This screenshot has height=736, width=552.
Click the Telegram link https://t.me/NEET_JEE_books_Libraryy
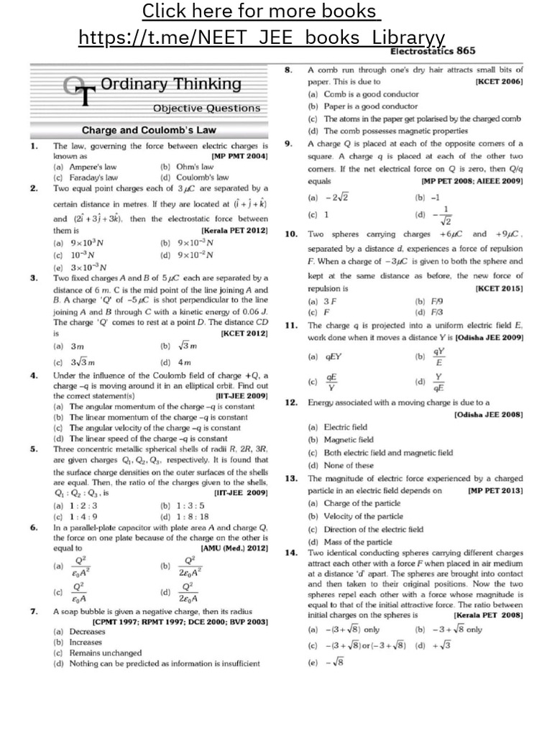(262, 37)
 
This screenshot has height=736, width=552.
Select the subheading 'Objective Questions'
(206, 108)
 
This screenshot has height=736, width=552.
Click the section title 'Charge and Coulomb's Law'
(149, 131)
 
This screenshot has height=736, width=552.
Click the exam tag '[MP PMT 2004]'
(239, 156)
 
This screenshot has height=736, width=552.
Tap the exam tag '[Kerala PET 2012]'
(234, 231)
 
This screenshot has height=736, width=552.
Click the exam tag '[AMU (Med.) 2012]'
(234, 548)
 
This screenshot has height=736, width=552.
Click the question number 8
(287, 70)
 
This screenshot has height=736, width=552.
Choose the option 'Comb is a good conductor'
(363, 94)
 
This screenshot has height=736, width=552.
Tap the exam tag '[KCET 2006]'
(499, 83)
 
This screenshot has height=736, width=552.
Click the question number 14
(290, 553)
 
